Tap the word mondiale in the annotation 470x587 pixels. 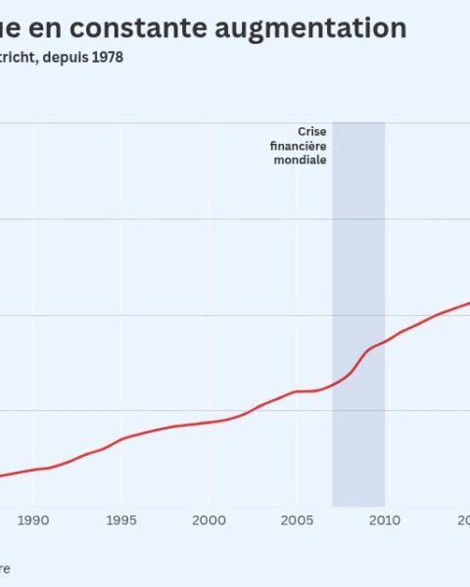click(x=301, y=159)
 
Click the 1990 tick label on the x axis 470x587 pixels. click(x=33, y=520)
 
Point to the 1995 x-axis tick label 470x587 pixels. click(x=121, y=520)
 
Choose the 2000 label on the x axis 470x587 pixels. click(x=209, y=520)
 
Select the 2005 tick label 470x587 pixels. click(x=297, y=520)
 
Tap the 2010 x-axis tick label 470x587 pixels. click(x=384, y=520)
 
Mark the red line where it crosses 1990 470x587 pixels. click(x=33, y=470)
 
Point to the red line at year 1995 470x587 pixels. click(x=121, y=438)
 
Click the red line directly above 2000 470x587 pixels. click(x=209, y=422)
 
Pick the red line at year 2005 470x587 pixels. click(x=297, y=391)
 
